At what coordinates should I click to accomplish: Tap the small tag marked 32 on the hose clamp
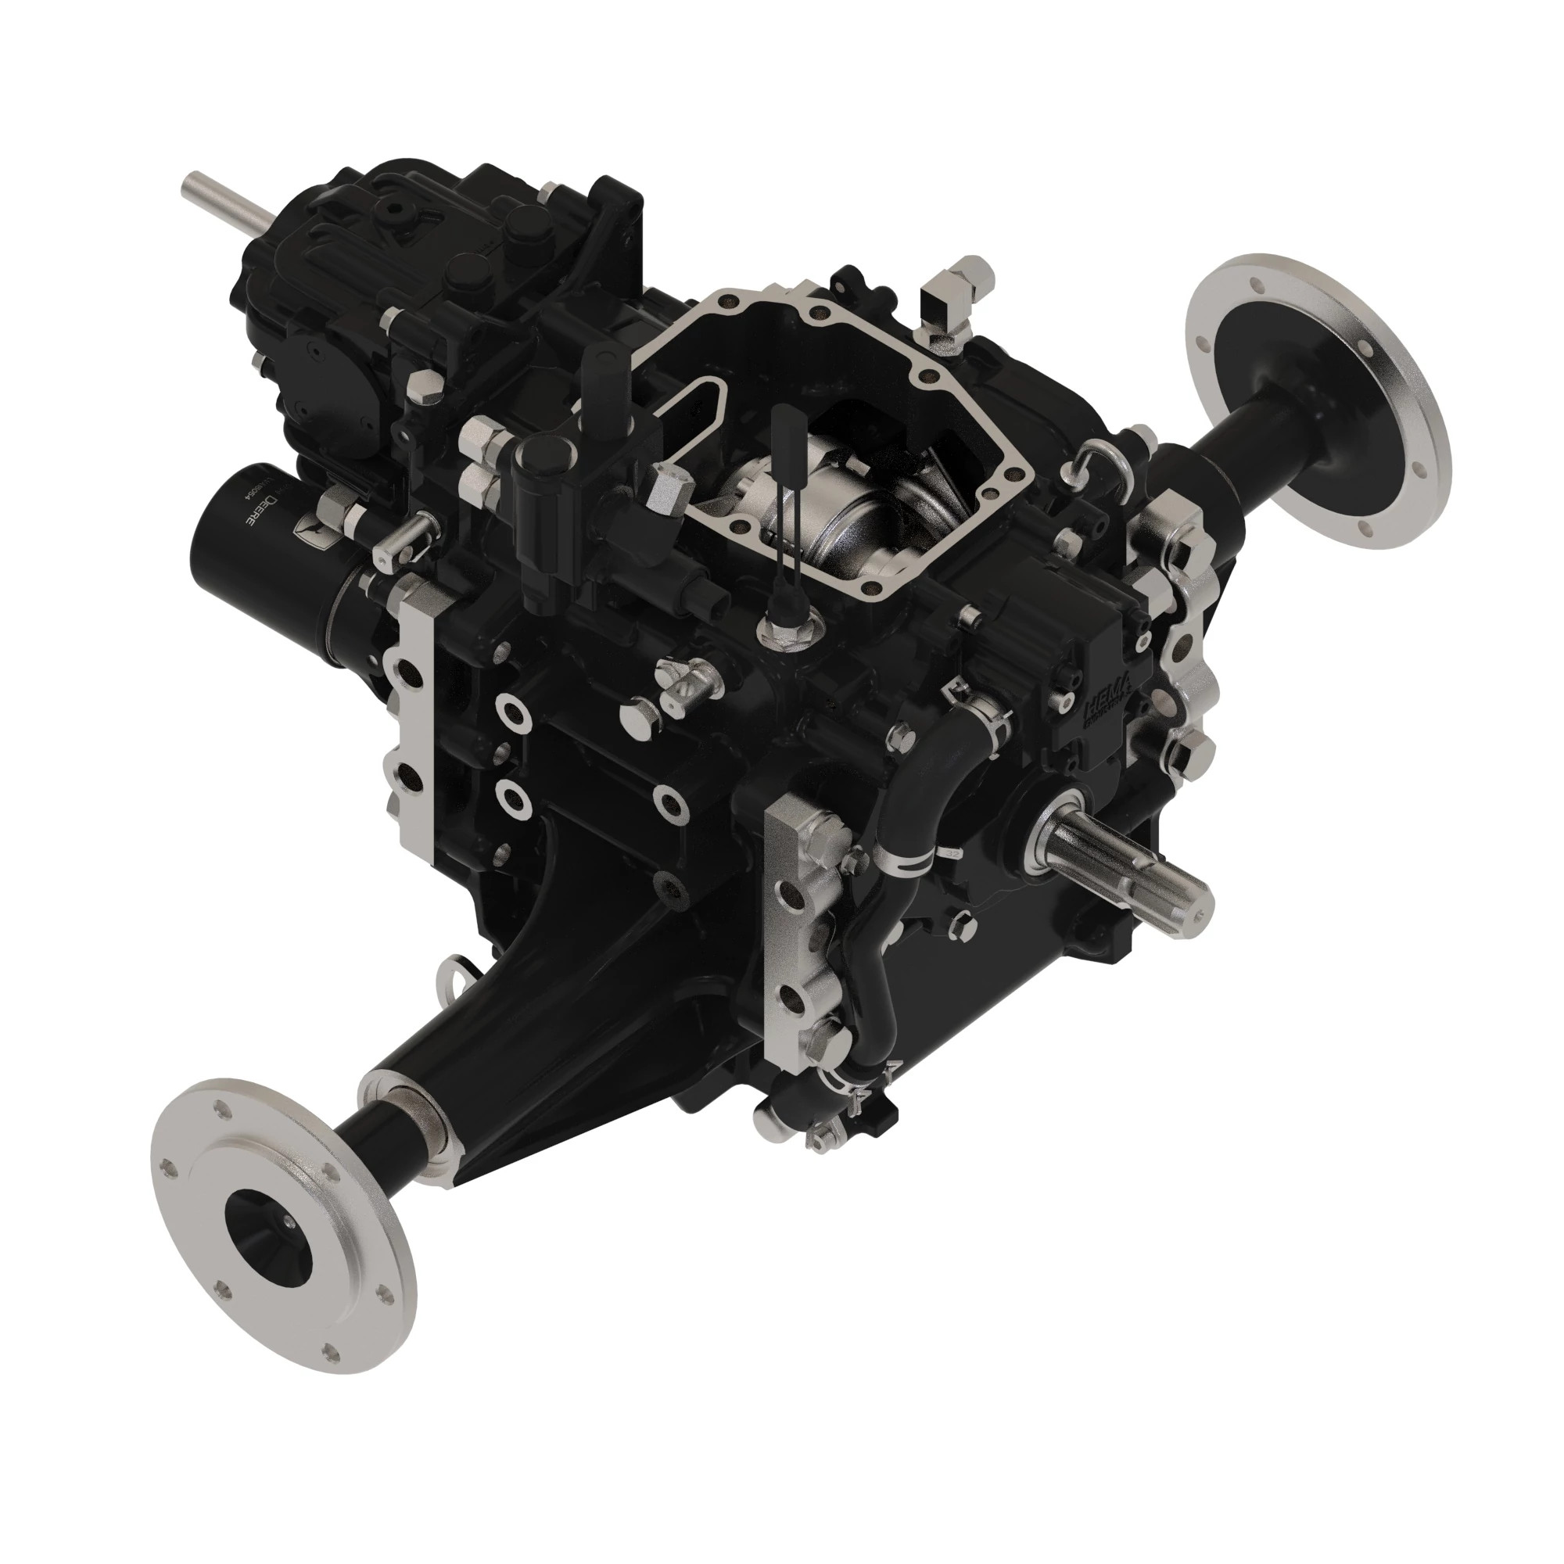(x=949, y=852)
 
